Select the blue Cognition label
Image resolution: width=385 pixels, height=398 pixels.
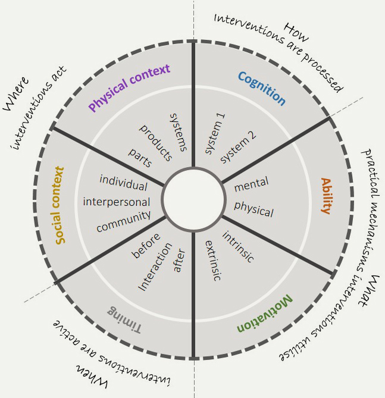click(261, 88)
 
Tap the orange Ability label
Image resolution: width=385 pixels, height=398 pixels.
click(325, 196)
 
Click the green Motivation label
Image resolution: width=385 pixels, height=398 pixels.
click(264, 314)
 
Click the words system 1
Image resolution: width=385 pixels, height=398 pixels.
click(215, 137)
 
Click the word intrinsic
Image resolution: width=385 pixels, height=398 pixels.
click(238, 247)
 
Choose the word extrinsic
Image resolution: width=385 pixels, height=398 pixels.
click(212, 260)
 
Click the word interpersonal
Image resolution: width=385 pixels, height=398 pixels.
click(116, 202)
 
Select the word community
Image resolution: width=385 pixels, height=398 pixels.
click(123, 221)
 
